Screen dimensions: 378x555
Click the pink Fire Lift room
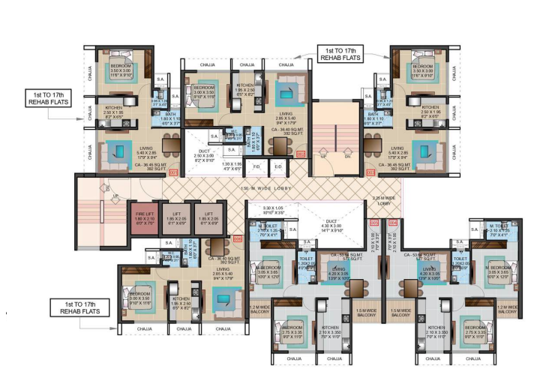(x=144, y=218)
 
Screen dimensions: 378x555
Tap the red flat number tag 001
(x=172, y=172)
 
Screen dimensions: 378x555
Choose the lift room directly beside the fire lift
(x=177, y=218)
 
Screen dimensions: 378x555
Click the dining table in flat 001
(x=170, y=145)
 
